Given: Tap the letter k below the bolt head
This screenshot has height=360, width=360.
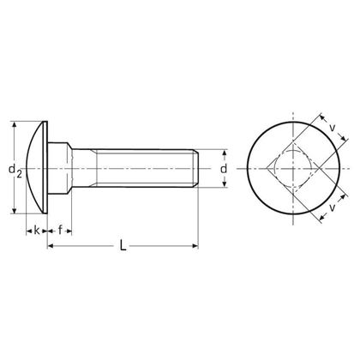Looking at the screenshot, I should (37, 230).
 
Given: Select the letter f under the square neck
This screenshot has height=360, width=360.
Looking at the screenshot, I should (60, 230).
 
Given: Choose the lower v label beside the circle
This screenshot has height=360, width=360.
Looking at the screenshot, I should (331, 208).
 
